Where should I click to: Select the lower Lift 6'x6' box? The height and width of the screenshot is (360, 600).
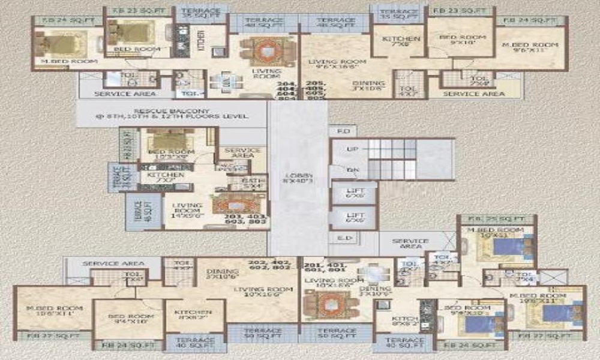353,218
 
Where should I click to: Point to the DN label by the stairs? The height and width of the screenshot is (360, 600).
353,170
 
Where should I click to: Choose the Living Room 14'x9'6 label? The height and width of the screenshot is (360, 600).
188,209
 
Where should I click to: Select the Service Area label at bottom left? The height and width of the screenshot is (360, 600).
113,263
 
